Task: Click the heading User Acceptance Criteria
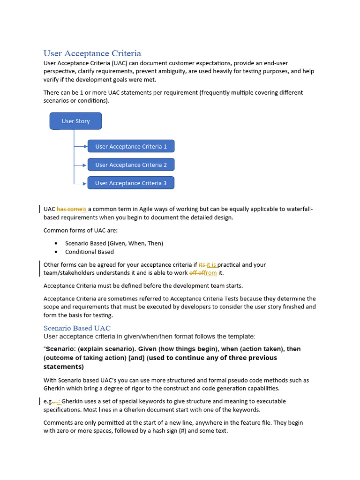tap(92, 53)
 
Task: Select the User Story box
tap(75, 121)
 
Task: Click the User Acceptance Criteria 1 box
tap(131, 146)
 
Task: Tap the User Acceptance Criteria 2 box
tap(131, 165)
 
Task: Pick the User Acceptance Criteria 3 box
tap(131, 183)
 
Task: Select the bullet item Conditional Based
tap(89, 252)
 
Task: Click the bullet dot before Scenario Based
tap(56, 243)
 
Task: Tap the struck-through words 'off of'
tap(196, 273)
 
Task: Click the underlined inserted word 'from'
tap(210, 273)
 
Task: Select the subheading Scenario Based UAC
tap(77, 328)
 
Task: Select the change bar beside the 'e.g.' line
tap(39, 401)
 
